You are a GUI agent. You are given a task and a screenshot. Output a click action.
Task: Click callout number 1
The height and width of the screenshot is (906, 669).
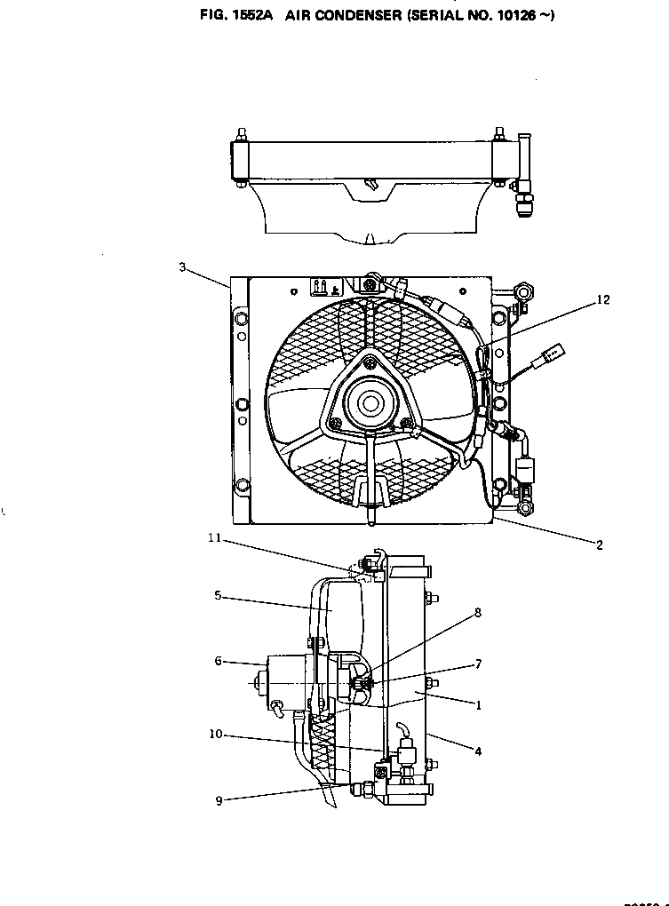click(x=478, y=706)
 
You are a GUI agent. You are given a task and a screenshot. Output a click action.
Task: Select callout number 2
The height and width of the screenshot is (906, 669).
click(x=599, y=545)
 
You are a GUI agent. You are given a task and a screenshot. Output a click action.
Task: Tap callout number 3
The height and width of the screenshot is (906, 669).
click(x=181, y=267)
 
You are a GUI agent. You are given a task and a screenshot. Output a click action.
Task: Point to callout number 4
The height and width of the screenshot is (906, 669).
click(x=478, y=751)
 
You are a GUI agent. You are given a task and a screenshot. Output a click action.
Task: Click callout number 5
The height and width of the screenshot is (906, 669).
click(x=217, y=597)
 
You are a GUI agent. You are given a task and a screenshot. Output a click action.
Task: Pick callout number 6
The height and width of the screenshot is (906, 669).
click(x=217, y=661)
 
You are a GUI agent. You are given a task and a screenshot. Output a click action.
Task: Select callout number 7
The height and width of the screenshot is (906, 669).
click(x=478, y=664)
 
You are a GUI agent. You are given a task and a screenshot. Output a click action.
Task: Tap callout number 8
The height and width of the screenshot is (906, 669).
click(x=478, y=613)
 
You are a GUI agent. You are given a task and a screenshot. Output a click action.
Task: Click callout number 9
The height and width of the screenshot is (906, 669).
click(x=219, y=799)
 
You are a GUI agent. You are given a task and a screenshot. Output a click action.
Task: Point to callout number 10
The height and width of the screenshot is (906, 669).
click(x=216, y=735)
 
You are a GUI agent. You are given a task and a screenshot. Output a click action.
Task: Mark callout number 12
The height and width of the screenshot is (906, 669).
click(x=603, y=300)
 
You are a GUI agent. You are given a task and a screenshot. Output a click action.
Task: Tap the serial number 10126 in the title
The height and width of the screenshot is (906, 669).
click(x=516, y=16)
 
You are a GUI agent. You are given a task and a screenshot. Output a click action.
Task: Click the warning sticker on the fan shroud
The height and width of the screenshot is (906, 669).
click(x=323, y=287)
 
